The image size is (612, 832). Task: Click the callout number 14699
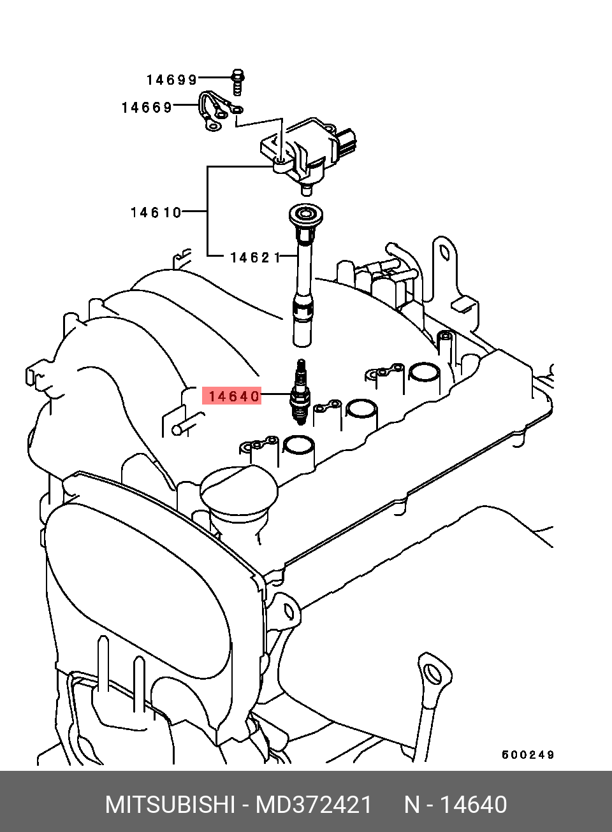[x=171, y=80]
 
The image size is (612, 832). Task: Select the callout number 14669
[x=147, y=108]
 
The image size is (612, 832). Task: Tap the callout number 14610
[x=156, y=212]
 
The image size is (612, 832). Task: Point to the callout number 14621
[x=254, y=257]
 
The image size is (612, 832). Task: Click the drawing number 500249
[x=528, y=755]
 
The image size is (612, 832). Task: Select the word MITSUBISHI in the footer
[x=170, y=805]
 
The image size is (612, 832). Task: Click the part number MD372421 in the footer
[x=314, y=805]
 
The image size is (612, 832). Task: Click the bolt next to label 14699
[x=237, y=81]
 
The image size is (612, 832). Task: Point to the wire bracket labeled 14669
[x=214, y=112]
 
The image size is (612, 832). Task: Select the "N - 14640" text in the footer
[x=455, y=805]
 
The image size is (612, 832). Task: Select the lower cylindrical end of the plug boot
[x=302, y=333]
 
